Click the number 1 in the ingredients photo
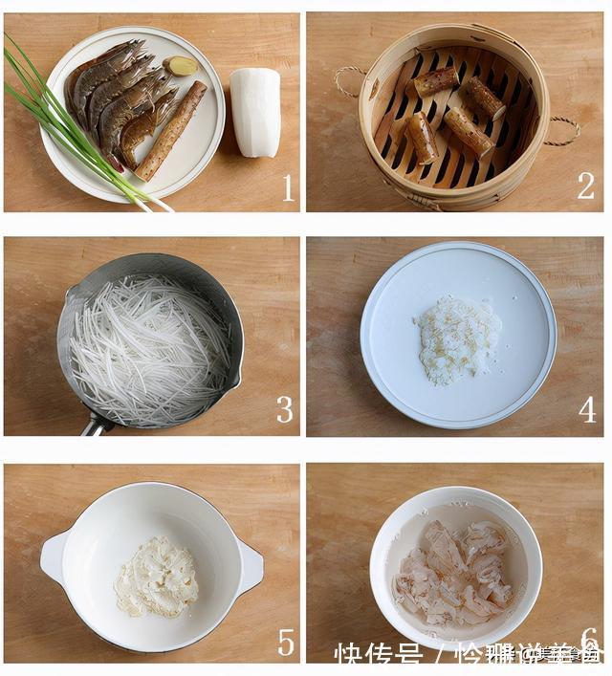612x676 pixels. click(x=288, y=187)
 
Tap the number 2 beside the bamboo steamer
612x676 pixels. click(x=585, y=185)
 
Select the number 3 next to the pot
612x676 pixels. click(x=285, y=409)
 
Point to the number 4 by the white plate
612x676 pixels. click(x=586, y=409)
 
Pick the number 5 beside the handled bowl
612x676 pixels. click(x=286, y=642)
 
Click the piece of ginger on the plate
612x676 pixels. click(x=181, y=66)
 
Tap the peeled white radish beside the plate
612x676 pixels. click(x=254, y=112)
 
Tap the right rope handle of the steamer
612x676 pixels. click(x=564, y=131)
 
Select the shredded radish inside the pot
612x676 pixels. click(x=148, y=350)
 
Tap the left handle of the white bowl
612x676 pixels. click(x=53, y=556)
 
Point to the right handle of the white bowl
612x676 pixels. click(x=250, y=567)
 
